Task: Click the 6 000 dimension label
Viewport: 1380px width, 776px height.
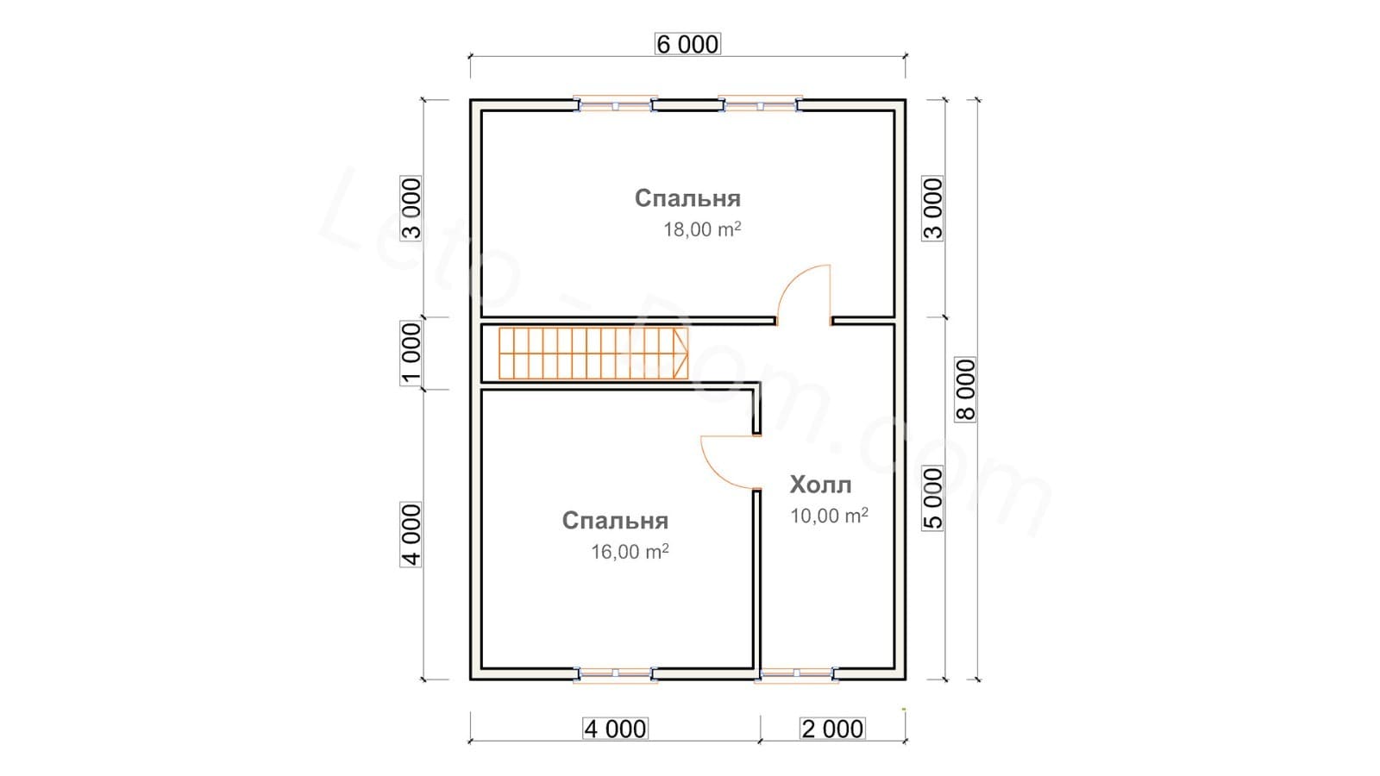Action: click(687, 44)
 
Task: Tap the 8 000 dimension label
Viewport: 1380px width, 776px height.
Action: click(965, 389)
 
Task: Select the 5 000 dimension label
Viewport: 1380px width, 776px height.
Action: click(932, 498)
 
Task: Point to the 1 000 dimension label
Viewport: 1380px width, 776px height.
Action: click(411, 353)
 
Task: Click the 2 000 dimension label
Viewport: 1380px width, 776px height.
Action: click(832, 729)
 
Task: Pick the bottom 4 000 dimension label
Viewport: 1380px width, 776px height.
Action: click(616, 729)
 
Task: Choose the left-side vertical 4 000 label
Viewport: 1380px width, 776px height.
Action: click(411, 535)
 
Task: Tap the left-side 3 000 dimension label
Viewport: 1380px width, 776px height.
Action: click(411, 209)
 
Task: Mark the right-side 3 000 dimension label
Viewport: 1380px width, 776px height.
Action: click(932, 209)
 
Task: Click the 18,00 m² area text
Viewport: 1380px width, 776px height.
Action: click(702, 229)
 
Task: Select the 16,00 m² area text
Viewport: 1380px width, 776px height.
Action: click(630, 551)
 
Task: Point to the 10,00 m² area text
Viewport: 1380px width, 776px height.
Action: click(829, 516)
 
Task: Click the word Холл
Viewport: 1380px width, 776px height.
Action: click(820, 485)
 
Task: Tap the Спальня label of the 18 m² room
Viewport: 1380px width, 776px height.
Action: click(687, 198)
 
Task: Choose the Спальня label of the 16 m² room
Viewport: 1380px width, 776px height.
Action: click(615, 521)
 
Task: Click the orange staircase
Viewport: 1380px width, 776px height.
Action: click(593, 353)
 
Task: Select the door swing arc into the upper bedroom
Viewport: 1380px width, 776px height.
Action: click(793, 279)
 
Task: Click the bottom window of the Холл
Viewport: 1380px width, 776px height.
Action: click(796, 674)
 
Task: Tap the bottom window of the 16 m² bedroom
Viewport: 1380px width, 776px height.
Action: click(615, 674)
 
